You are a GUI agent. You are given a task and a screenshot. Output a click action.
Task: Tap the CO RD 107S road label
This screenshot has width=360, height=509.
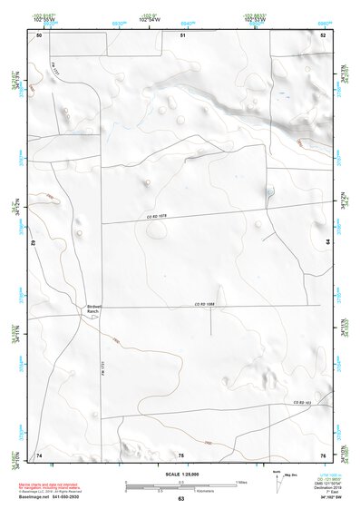pos(160,217)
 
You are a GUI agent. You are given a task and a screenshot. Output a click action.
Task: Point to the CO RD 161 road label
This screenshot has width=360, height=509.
pos(301,402)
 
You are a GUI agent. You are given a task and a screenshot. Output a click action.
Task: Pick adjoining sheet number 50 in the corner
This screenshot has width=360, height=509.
pos(39,34)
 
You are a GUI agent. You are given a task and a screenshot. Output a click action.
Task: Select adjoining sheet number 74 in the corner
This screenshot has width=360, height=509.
pos(39,454)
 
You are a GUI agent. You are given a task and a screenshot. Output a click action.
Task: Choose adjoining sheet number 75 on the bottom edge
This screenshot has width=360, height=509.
pos(181,454)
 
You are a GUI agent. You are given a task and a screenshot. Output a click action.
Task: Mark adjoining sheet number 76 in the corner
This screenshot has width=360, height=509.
pos(322,454)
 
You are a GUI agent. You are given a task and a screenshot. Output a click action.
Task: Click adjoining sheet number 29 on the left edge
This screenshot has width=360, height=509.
pos(33,243)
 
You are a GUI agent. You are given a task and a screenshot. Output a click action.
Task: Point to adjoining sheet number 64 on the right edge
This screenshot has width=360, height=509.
pos(328,240)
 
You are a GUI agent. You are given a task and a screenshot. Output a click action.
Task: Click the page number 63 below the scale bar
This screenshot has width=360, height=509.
pos(181,500)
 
